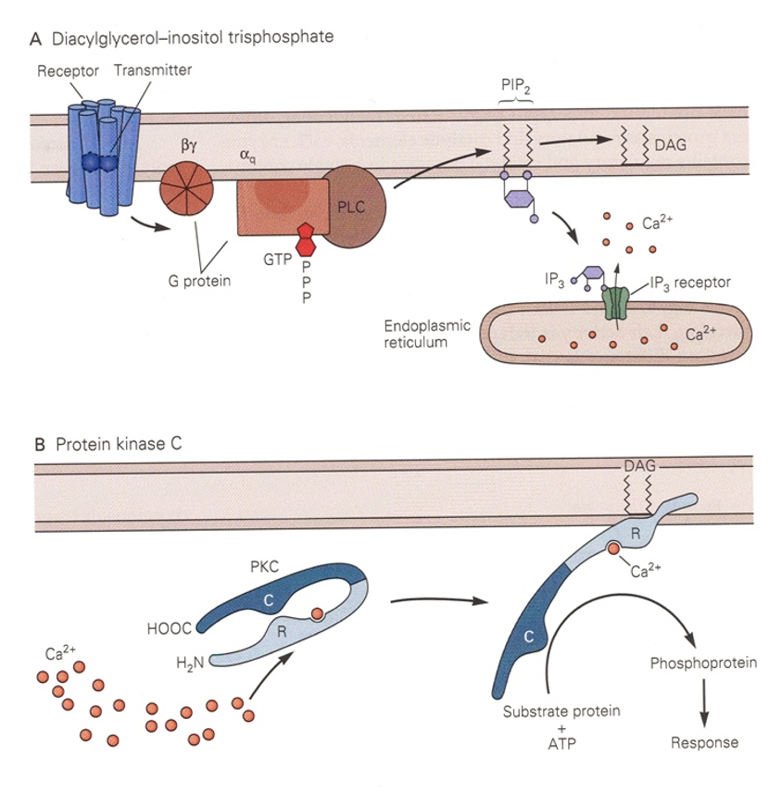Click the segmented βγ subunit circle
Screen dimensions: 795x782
[x=186, y=185]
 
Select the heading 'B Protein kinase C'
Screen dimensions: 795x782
[x=107, y=444]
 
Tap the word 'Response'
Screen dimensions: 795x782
[x=704, y=742]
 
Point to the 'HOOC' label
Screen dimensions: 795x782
[x=170, y=627]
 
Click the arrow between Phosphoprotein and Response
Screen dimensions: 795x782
[x=704, y=701]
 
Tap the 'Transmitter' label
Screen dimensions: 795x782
[x=150, y=70]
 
